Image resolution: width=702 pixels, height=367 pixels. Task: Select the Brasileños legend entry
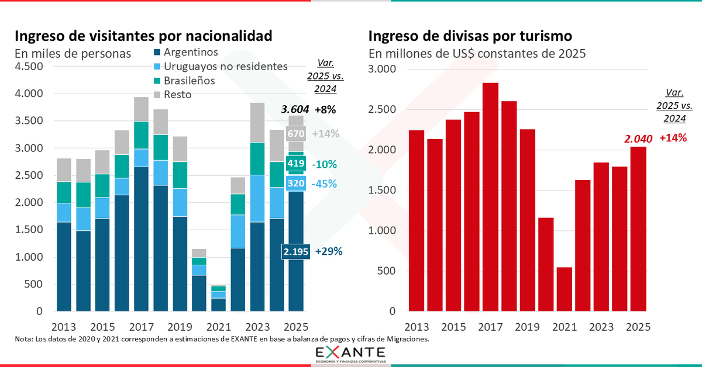tap(189, 81)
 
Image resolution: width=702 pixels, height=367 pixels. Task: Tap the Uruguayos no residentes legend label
tap(225, 66)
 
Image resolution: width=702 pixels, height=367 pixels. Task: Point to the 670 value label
tap(296, 134)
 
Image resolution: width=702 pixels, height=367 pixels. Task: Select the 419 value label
tap(296, 165)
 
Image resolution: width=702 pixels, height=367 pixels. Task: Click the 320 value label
tap(296, 183)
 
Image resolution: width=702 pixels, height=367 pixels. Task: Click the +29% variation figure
tap(328, 251)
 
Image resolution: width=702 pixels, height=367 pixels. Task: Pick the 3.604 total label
tap(295, 109)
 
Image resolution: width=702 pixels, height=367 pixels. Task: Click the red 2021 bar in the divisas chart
tap(564, 289)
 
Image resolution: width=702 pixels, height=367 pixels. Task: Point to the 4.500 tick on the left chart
tap(29, 66)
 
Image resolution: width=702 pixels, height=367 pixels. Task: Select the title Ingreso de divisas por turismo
tap(470, 36)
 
